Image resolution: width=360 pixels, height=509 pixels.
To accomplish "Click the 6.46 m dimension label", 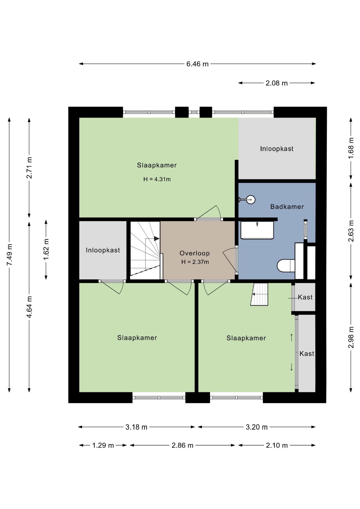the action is point(197,64).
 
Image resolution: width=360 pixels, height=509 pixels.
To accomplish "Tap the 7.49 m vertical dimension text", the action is point(10,254).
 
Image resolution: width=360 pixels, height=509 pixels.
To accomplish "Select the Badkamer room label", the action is point(287,207).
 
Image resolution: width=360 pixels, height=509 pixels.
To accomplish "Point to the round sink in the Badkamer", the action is point(250,200).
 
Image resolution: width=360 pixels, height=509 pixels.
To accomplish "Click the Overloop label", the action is point(195,253).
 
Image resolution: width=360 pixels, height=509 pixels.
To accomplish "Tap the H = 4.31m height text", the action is point(157,179).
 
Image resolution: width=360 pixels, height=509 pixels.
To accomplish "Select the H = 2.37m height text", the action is point(195,262).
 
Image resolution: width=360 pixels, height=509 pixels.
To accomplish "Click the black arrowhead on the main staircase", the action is point(157,239).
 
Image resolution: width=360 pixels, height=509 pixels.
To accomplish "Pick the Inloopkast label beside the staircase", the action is point(103,250).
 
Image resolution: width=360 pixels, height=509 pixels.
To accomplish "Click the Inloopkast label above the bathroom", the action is point(277,149).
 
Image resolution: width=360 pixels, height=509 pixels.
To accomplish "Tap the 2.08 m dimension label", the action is point(276,83).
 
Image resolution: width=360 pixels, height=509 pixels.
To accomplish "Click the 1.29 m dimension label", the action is point(103,445).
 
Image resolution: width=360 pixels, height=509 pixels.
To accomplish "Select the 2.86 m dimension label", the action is point(182,445).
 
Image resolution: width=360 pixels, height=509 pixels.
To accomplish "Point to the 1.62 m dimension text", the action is point(46,250).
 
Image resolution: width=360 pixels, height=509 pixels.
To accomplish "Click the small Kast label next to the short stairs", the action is point(305,297).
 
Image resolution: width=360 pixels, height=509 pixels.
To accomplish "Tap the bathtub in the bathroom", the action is point(257,230).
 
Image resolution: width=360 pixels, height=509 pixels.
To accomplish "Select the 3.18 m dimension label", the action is point(136,427).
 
